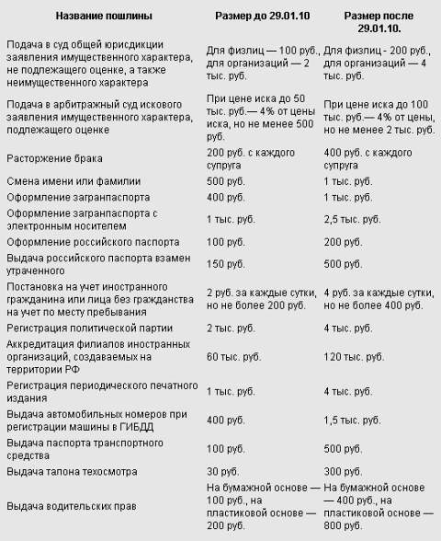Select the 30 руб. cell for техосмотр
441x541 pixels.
click(223, 472)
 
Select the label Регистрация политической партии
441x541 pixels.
click(87, 328)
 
